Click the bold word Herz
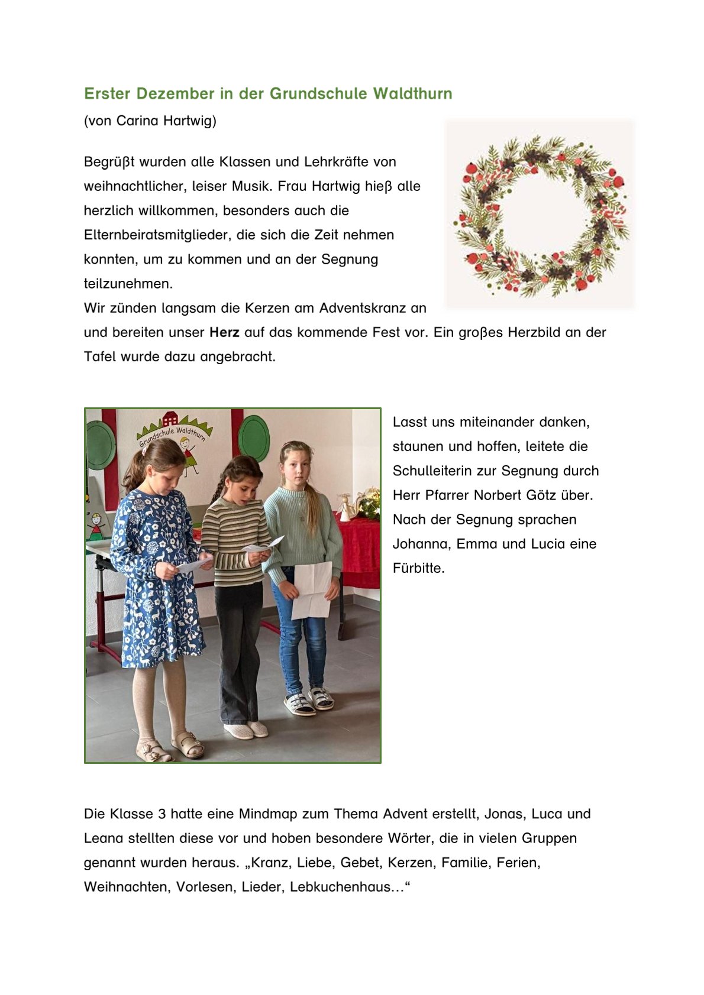(x=224, y=332)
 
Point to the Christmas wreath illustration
(x=540, y=214)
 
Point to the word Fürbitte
(x=418, y=568)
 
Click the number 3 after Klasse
(x=162, y=814)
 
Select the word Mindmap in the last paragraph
(x=268, y=814)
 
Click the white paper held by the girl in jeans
(x=312, y=589)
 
